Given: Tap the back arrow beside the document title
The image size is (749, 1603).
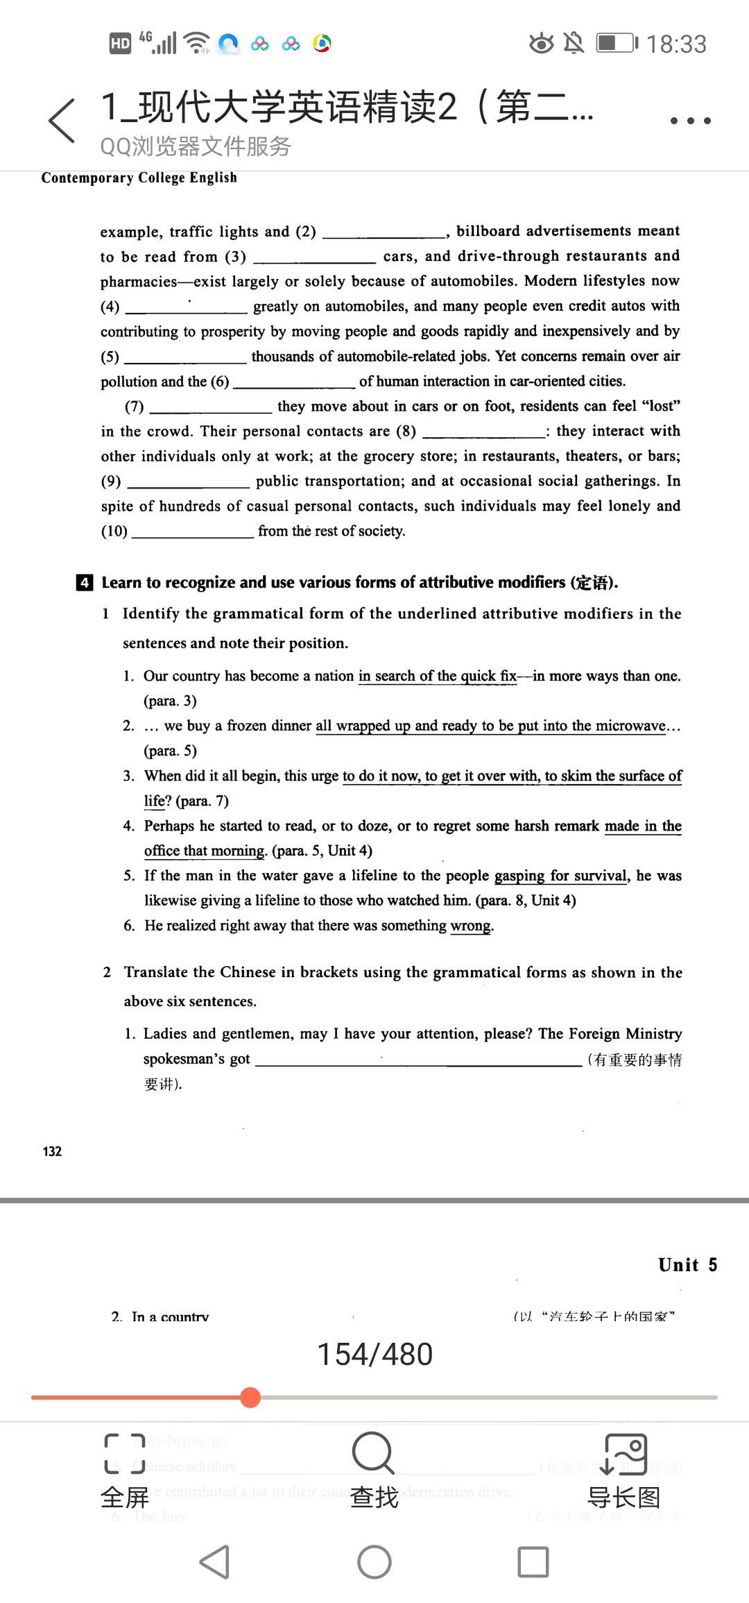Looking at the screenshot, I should [x=62, y=120].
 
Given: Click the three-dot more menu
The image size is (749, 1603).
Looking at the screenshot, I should [x=690, y=121].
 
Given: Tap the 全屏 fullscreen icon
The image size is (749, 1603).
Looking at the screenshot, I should [x=125, y=1454].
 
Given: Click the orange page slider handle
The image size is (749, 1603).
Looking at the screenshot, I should [x=250, y=1397].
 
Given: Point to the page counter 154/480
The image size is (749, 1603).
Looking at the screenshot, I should [x=374, y=1354].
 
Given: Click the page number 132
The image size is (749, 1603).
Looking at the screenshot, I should [x=52, y=1151].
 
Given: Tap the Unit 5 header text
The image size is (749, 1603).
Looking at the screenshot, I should [x=687, y=1265].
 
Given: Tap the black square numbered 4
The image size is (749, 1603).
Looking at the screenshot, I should [x=84, y=582].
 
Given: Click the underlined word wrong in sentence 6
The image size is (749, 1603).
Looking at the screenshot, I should [x=471, y=926].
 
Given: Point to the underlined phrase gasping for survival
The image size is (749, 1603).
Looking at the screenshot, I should [x=560, y=876].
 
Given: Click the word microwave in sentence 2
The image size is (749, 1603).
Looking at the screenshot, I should [x=630, y=726].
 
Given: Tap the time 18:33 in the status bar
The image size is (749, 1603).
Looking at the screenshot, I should [x=676, y=44].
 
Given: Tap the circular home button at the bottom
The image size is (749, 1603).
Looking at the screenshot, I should [x=374, y=1562].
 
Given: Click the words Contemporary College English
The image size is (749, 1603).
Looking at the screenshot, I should [x=139, y=178].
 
